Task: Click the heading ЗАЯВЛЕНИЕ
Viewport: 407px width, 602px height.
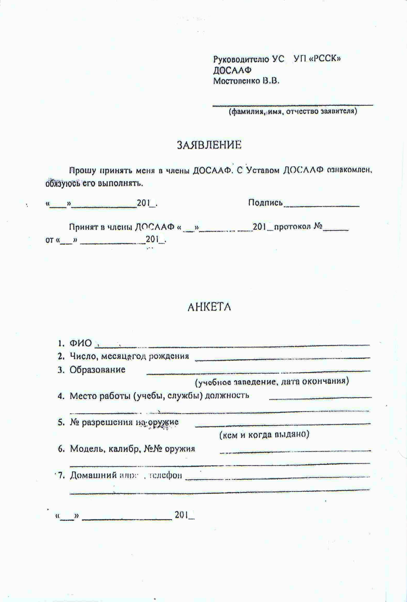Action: tap(209, 145)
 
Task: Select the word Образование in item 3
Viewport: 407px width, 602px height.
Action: tap(97, 370)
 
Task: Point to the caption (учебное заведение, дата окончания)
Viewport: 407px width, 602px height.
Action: tap(272, 382)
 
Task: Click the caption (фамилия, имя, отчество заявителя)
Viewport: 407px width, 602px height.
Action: tap(293, 112)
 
